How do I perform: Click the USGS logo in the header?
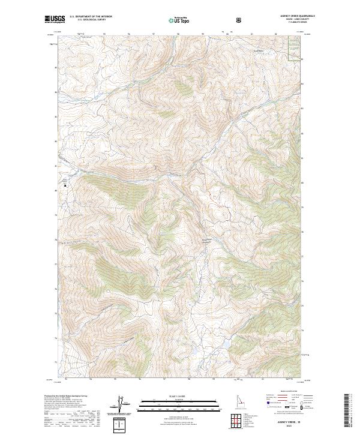[x=54, y=19]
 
